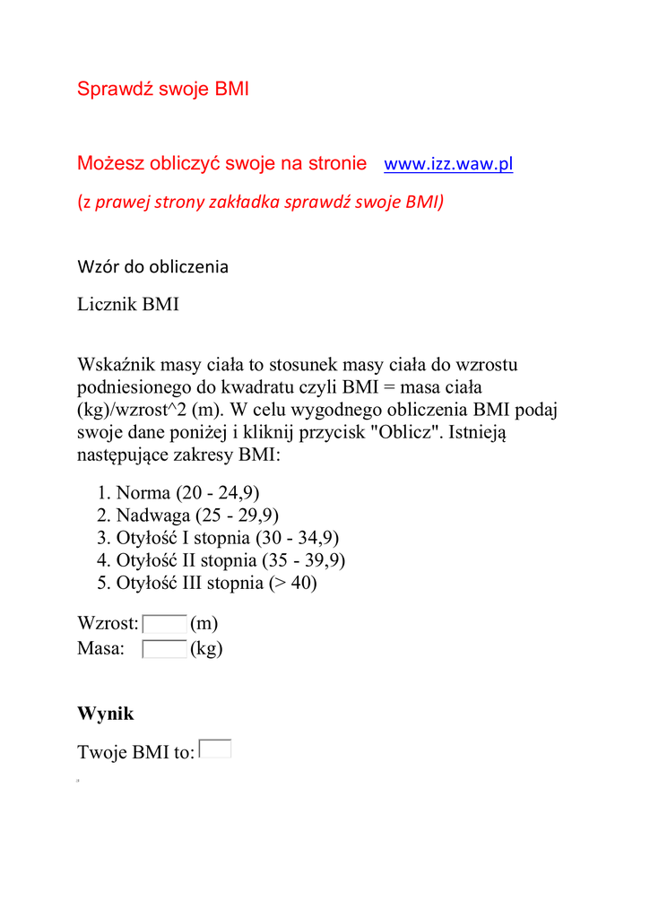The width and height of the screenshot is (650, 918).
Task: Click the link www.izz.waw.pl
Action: (447, 164)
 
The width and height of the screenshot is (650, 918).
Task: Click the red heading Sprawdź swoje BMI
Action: (163, 89)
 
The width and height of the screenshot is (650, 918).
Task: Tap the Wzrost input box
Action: (165, 624)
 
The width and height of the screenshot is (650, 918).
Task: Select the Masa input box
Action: (165, 649)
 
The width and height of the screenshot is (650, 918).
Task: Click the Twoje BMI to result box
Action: (215, 749)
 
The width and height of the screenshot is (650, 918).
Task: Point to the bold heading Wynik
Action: (106, 714)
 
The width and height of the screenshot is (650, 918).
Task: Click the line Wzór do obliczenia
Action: (152, 266)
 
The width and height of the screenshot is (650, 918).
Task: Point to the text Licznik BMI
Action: (128, 305)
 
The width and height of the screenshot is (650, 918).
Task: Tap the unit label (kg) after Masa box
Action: (206, 649)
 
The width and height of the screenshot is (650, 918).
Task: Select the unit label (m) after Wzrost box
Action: (204, 624)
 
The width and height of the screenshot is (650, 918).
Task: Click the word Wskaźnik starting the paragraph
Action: (115, 366)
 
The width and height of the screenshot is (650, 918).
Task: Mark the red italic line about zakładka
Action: (260, 202)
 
